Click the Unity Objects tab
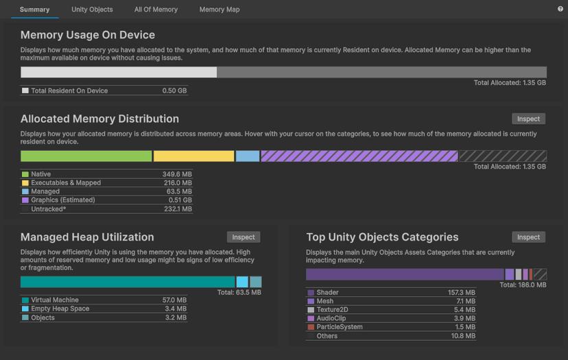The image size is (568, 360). pyautogui.click(x=92, y=10)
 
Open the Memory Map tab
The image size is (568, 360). pyautogui.click(x=220, y=10)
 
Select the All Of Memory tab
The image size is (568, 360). pyautogui.click(x=156, y=10)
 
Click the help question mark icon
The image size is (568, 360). pyautogui.click(x=560, y=9)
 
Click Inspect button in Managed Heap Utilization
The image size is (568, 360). pyautogui.click(x=243, y=237)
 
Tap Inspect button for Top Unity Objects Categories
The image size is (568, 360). pyautogui.click(x=528, y=237)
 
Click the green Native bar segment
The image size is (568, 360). pyautogui.click(x=86, y=156)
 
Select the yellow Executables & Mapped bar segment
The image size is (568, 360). pyautogui.click(x=193, y=156)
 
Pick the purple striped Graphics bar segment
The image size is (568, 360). pyautogui.click(x=359, y=156)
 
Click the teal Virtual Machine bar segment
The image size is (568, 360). pyautogui.click(x=128, y=282)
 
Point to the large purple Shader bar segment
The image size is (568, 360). pyautogui.click(x=405, y=274)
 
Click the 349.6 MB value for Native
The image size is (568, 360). pyautogui.click(x=177, y=175)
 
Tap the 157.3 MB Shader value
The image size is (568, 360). pyautogui.click(x=461, y=293)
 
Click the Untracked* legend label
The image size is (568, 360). pyautogui.click(x=49, y=209)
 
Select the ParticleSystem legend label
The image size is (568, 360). pyautogui.click(x=340, y=327)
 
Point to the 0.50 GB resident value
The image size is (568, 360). pyautogui.click(x=174, y=91)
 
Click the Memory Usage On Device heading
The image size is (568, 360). pyautogui.click(x=88, y=35)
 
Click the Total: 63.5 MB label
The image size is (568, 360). pyautogui.click(x=239, y=293)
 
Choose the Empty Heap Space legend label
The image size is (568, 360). pyautogui.click(x=60, y=309)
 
